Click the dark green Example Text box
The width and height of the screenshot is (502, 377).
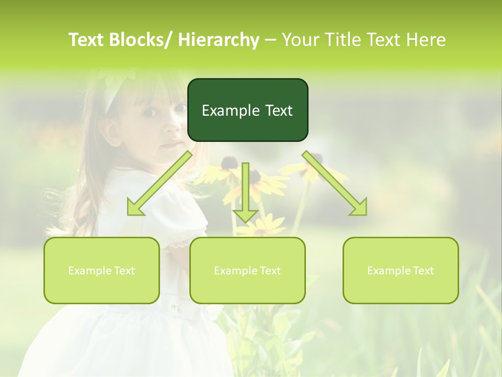tap(247, 110)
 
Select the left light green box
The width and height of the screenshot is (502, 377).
tap(101, 270)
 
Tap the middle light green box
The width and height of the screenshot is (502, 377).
tap(247, 270)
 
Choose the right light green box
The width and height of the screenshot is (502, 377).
tap(401, 270)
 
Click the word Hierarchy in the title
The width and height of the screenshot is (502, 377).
tap(219, 40)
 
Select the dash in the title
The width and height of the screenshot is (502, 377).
tap(270, 40)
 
